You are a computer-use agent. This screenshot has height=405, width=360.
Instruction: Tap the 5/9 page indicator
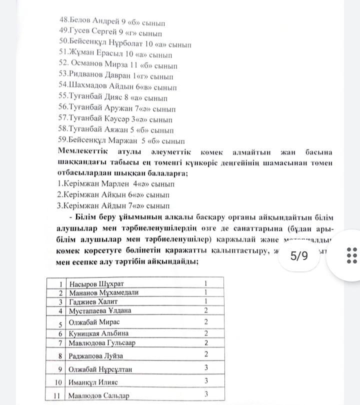coord(299,256)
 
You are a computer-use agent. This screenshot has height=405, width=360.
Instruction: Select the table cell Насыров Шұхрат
coord(96,283)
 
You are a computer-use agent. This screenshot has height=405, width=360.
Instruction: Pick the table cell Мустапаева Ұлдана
coord(100,311)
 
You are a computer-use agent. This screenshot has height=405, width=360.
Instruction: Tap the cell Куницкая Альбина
coord(98,333)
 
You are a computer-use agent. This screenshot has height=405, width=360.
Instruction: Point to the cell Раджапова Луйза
coord(96,356)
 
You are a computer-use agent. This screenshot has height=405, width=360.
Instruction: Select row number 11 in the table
coord(60,395)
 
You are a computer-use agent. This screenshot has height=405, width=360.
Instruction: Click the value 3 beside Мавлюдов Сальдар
coord(205,394)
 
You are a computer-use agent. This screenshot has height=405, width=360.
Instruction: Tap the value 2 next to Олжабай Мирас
coord(205,322)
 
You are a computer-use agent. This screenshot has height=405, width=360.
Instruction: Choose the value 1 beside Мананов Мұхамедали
coord(205,292)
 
